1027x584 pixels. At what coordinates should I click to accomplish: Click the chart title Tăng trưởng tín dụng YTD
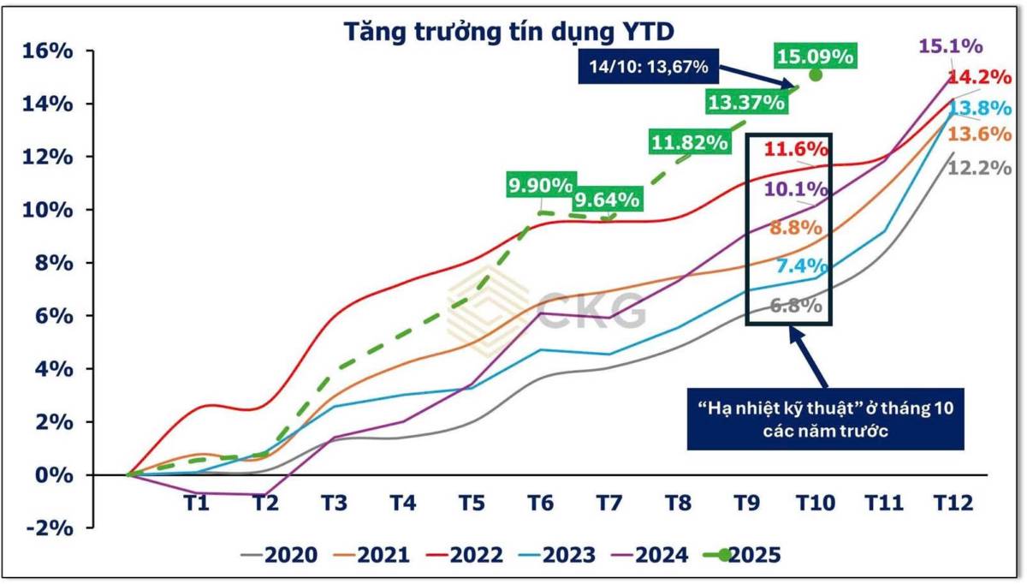(510, 31)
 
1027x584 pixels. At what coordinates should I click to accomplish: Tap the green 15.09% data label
(815, 57)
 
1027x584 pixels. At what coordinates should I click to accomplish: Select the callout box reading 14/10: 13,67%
(649, 65)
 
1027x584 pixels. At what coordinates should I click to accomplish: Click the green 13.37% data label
(745, 102)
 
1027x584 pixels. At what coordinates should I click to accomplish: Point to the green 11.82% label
(689, 141)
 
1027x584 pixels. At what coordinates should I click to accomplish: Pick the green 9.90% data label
(540, 185)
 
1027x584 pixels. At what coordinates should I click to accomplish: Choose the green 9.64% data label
(607, 200)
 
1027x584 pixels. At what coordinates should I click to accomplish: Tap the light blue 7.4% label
(796, 266)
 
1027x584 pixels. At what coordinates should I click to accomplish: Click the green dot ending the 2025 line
(815, 75)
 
